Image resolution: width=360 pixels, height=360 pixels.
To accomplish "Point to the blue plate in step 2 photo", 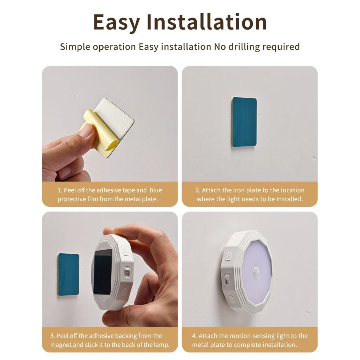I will click(244, 123).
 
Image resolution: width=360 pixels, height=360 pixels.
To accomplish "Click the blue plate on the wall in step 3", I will click(68, 274).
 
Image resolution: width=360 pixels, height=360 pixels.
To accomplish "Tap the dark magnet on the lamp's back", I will click(102, 272).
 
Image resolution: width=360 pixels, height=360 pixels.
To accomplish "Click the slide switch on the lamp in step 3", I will click(127, 271).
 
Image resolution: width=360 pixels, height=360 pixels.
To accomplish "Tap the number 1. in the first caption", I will click(60, 190).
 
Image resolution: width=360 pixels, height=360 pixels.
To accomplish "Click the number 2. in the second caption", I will click(198, 190).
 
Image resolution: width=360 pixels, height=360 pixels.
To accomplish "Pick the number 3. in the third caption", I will click(52, 336).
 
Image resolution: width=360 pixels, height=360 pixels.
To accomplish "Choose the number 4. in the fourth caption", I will click(195, 336).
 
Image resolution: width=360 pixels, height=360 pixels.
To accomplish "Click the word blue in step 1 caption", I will click(156, 190).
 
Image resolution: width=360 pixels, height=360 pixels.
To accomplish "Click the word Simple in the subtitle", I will click(75, 47).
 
